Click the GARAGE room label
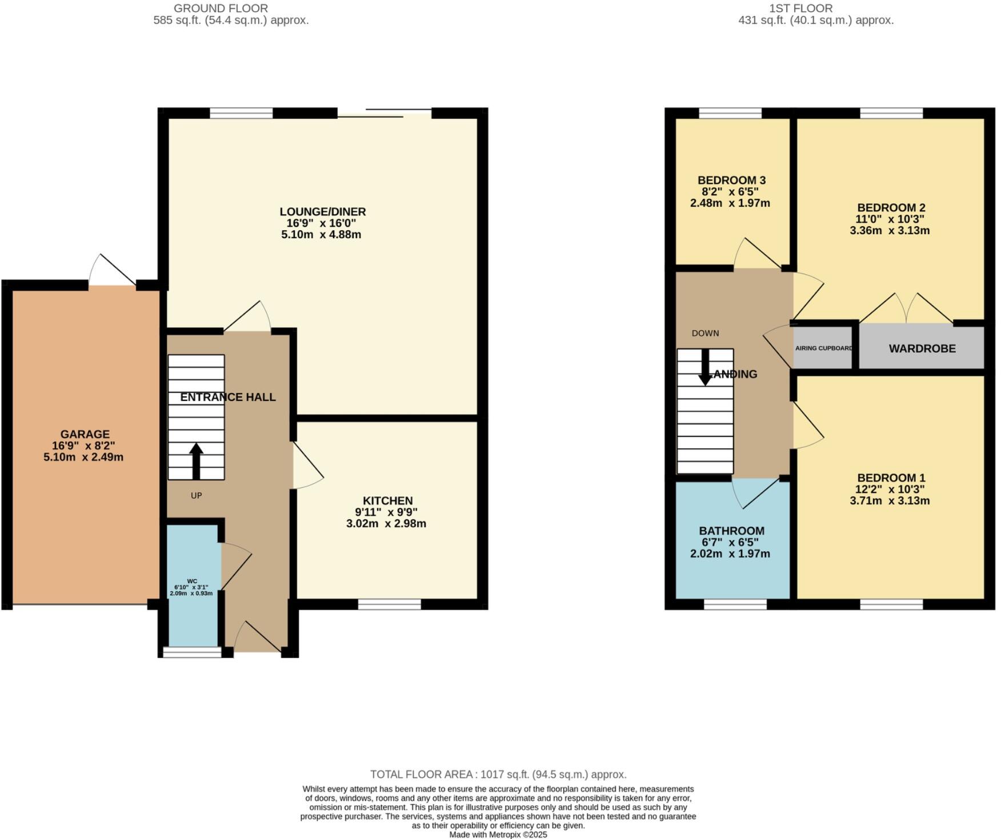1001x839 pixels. tap(85, 435)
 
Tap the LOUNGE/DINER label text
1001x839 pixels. tap(323, 212)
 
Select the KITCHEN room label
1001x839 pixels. tap(387, 501)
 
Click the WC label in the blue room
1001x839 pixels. tap(192, 581)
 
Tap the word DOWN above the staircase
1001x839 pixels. tap(705, 333)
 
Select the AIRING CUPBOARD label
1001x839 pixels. tap(823, 348)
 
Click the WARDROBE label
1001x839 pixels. tap(922, 348)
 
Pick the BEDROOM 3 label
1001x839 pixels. tap(731, 180)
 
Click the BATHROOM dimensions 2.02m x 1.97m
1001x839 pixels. tap(730, 553)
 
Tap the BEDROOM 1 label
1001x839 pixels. tap(891, 478)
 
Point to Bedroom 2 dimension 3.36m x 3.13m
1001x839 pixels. tap(890, 231)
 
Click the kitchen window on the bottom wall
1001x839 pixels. tap(390, 604)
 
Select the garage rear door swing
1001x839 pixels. tap(112, 271)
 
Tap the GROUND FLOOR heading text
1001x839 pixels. tap(221, 9)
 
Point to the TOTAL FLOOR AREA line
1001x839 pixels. tap(498, 774)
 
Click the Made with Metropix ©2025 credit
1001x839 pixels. tap(498, 834)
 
